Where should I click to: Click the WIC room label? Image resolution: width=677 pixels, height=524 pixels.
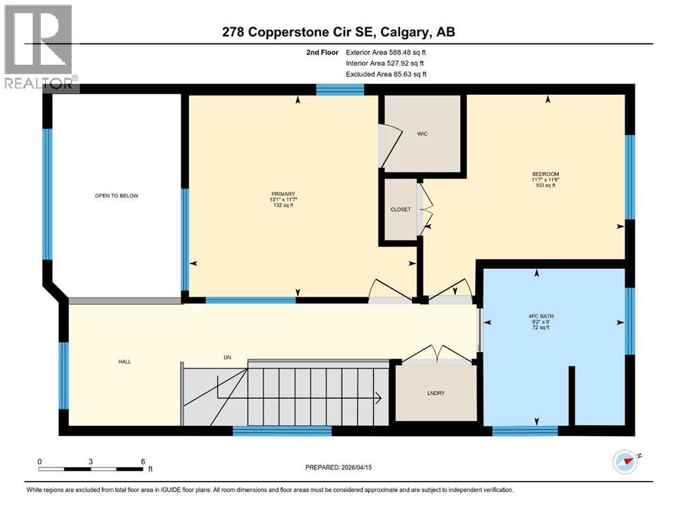422,134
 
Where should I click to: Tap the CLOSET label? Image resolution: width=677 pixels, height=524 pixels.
401,209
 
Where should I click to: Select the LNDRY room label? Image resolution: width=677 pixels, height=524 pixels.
436,394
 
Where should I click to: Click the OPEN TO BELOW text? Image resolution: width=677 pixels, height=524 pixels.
117,196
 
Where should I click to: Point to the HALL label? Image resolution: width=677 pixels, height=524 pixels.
123,362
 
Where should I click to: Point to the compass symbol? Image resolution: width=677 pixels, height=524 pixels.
625,462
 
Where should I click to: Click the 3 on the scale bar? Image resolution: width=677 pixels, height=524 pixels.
91,461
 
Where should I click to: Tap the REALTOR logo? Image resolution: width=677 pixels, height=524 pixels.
40,48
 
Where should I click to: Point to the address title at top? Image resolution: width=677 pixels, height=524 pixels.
338,32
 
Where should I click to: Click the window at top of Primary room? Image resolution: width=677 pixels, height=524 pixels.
340,89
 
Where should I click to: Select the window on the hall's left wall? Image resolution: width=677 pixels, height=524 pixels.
63,375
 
